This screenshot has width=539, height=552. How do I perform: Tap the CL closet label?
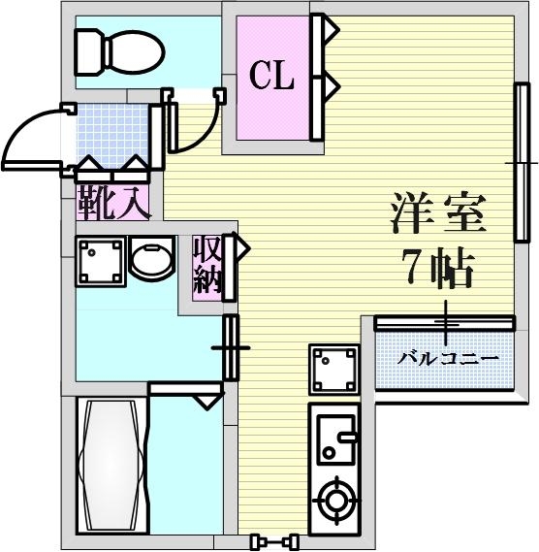[271, 77]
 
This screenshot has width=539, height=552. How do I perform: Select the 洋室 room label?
[438, 214]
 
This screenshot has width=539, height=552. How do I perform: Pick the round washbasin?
[150, 261]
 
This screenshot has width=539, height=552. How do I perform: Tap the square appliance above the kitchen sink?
[333, 369]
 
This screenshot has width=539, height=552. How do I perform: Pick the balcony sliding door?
[444, 322]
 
